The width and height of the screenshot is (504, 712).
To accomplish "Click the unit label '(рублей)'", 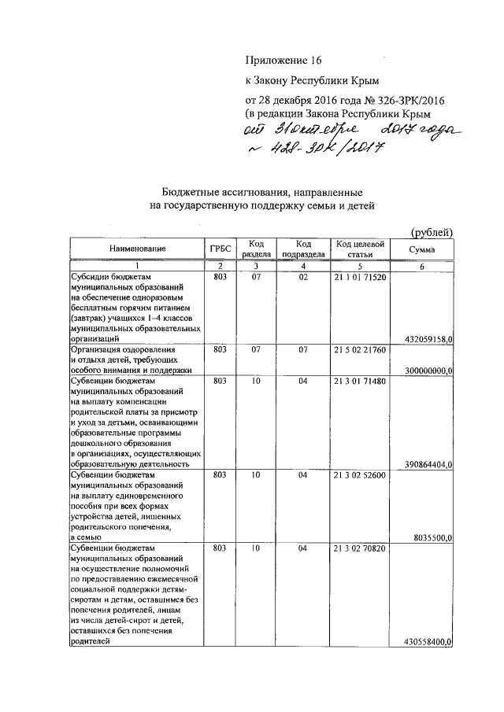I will pos(432,231).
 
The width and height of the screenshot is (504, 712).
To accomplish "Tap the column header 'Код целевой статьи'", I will pos(360,249).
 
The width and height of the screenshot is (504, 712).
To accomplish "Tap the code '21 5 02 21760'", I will pos(360,349).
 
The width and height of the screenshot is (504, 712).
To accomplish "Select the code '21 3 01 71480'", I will pos(360,381).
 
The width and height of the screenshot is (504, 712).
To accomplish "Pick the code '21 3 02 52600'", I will pos(360,475).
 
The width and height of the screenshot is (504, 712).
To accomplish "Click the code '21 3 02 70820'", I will pos(360,548).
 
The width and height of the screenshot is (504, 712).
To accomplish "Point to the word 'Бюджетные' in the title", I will pos(189,193).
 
